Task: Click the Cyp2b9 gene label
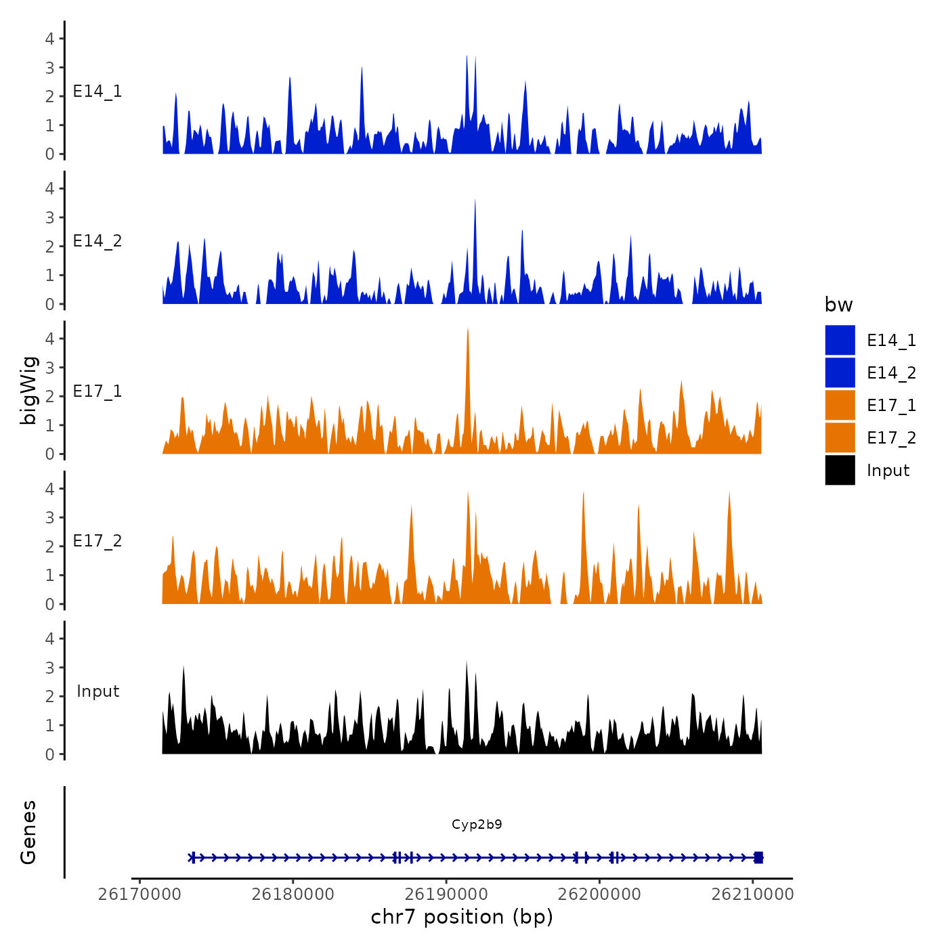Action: (477, 824)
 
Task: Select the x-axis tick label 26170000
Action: (139, 895)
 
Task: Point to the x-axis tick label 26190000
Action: (446, 895)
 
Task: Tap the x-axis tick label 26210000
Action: (752, 895)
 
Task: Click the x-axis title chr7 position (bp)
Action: (462, 917)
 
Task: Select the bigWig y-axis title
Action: (28, 391)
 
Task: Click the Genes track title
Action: (28, 832)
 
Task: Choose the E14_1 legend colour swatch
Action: (840, 340)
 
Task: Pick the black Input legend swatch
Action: (840, 470)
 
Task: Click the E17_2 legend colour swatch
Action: (840, 437)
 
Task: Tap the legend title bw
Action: (838, 305)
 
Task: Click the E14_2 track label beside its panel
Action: (98, 241)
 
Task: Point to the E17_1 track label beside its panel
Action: (98, 391)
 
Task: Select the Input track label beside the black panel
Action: (98, 691)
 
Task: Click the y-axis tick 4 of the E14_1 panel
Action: (50, 39)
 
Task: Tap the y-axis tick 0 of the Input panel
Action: (50, 754)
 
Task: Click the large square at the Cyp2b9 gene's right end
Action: (758, 857)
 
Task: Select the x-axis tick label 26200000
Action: (599, 895)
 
